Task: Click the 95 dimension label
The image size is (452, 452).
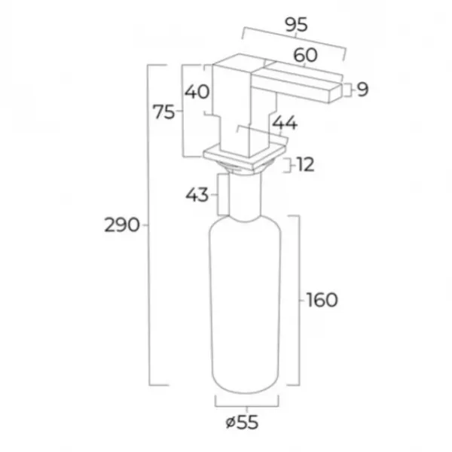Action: tap(296, 25)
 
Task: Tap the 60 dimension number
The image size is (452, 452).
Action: tap(306, 55)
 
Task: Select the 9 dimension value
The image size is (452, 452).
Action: tap(362, 90)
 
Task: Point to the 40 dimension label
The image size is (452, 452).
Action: tap(197, 92)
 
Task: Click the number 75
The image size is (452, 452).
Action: tap(163, 111)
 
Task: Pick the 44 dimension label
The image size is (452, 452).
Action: tap(285, 123)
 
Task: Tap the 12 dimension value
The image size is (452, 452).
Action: tap(305, 165)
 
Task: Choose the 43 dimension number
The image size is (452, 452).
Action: tap(197, 195)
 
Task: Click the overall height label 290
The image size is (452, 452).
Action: tap(121, 225)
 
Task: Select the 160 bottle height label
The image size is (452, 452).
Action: tap(322, 300)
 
